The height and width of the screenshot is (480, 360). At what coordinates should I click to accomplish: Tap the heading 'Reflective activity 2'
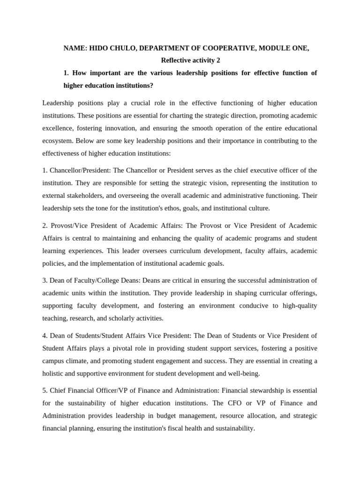coord(190,60)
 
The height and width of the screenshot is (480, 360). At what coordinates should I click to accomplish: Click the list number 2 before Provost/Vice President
coord(45,225)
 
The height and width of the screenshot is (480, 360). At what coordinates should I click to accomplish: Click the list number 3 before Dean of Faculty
coord(45,280)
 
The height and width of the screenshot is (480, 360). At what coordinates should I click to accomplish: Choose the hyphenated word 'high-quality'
coord(298,306)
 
